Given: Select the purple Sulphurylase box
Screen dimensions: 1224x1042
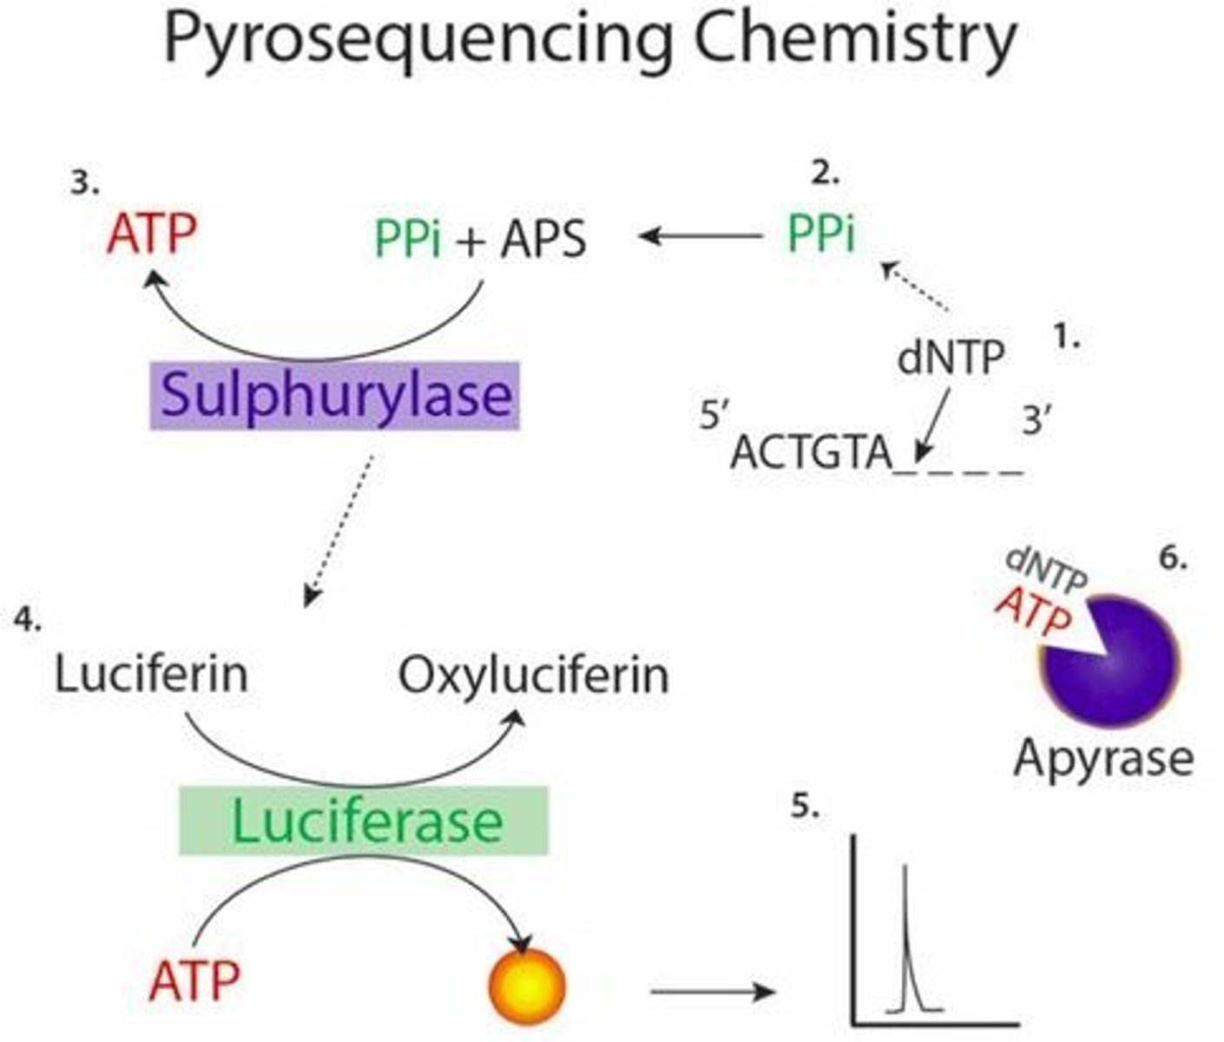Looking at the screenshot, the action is tap(334, 395).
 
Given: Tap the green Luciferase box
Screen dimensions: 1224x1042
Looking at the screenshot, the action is tap(364, 821).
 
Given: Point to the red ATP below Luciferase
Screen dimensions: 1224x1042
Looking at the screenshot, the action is tap(194, 981).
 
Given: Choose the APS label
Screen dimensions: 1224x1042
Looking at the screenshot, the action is tap(543, 240).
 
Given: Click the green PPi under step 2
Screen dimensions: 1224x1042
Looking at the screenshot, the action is tap(821, 233).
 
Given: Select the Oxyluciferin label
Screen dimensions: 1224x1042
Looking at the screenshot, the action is tap(534, 675).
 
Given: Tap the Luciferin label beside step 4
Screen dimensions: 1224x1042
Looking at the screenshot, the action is tap(151, 674).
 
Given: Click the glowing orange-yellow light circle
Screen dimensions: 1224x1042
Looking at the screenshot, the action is tap(526, 986).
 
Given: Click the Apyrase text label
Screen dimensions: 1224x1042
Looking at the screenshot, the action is tap(1104, 760).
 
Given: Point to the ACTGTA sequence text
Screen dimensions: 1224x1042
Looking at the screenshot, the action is tap(812, 453).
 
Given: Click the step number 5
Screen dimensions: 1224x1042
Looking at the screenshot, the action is tap(805, 806).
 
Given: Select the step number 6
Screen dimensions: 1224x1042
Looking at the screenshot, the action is tap(1174, 558).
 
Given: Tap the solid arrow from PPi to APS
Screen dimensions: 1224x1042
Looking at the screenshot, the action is tap(701, 236).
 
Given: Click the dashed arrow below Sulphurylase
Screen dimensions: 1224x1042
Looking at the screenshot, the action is tap(339, 531).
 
